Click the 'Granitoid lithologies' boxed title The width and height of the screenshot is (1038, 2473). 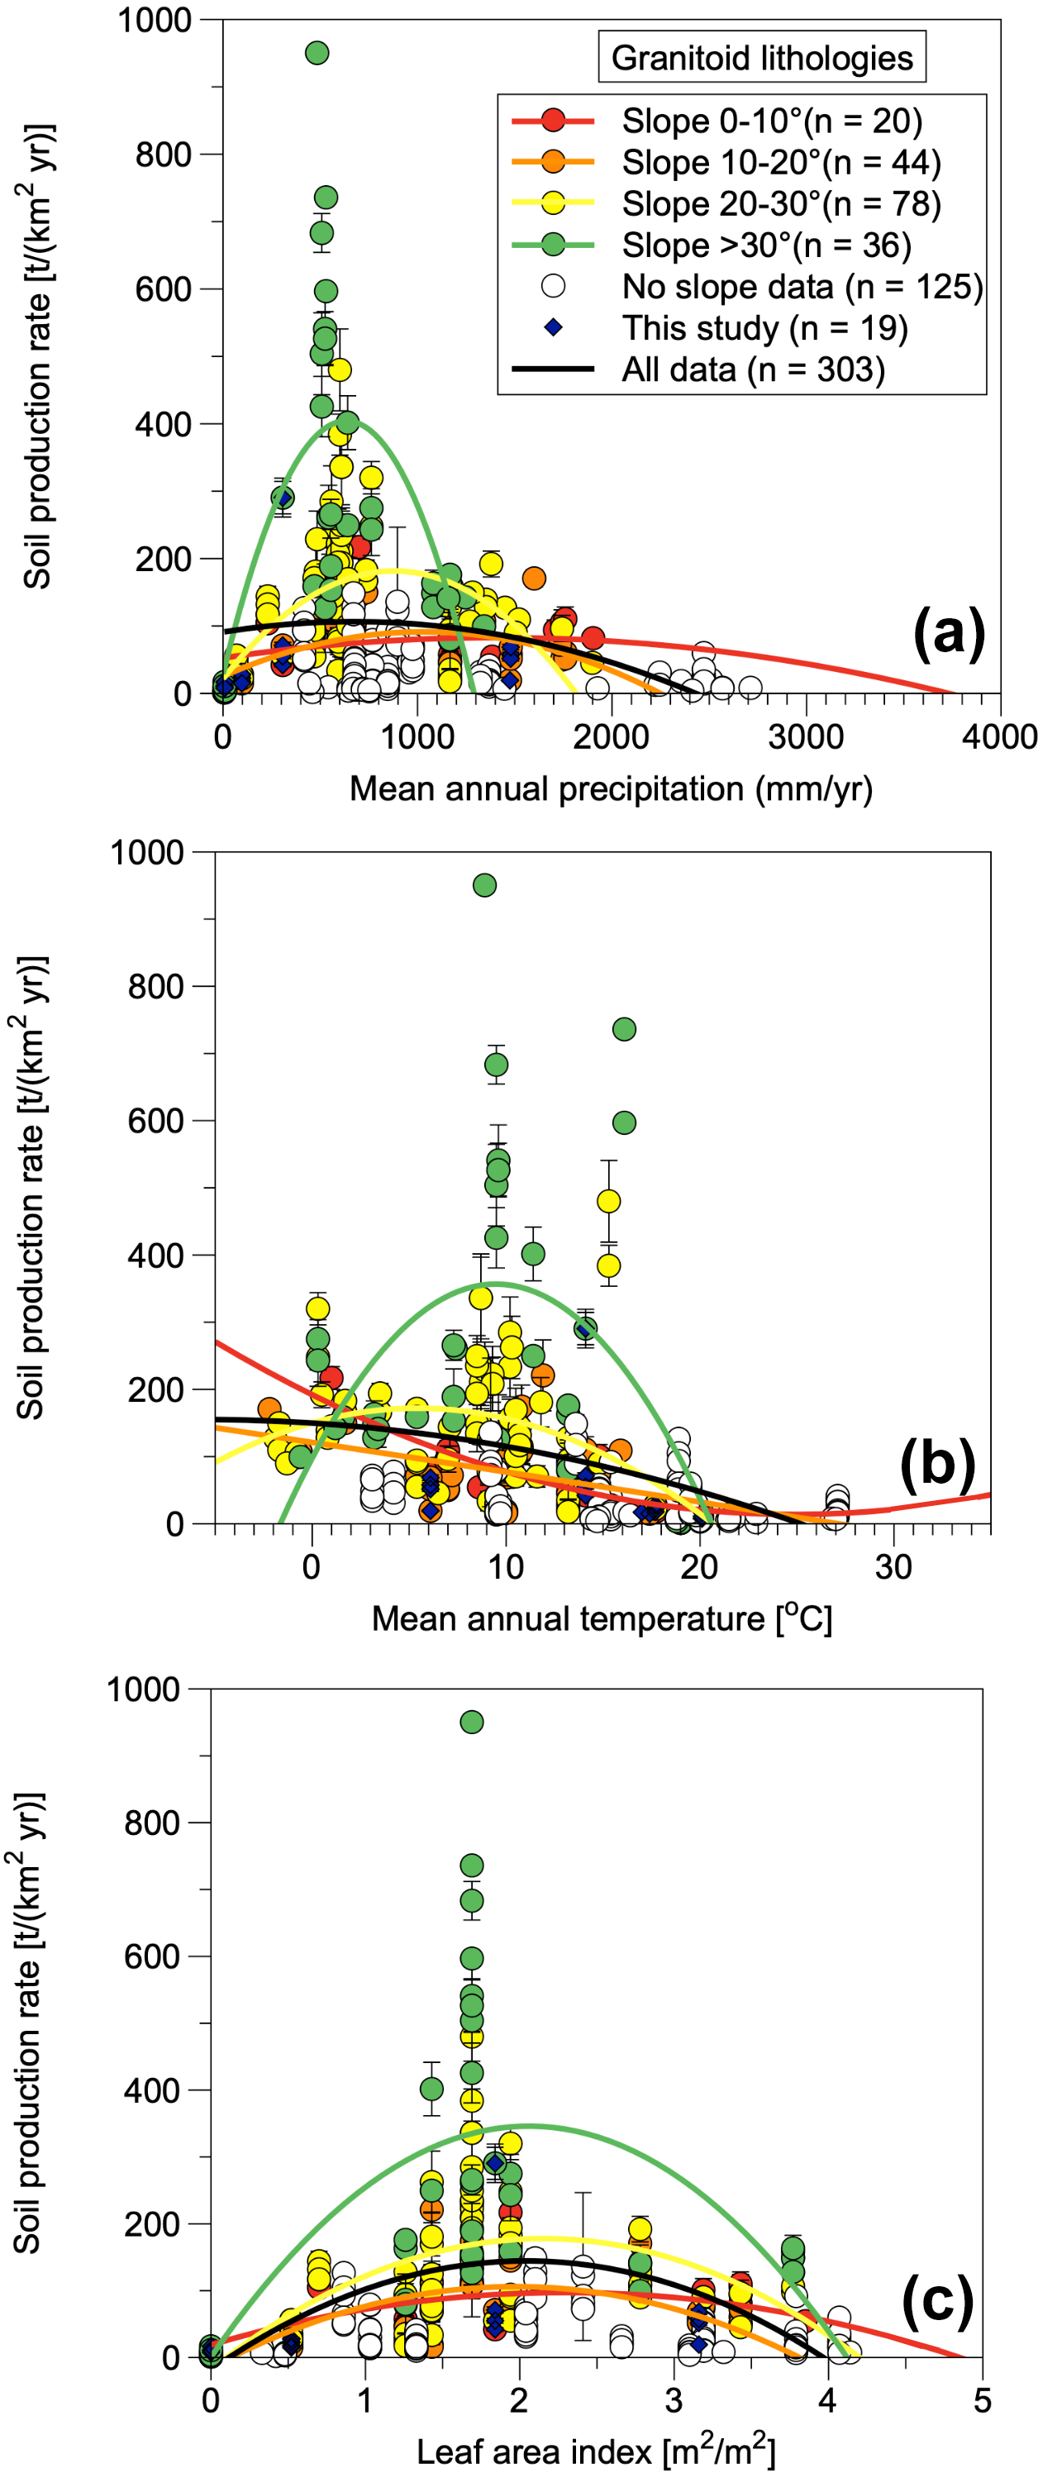[x=761, y=58]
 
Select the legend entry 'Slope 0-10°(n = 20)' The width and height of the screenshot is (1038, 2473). [x=771, y=121]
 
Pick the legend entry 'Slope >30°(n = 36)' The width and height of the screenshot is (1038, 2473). [x=766, y=245]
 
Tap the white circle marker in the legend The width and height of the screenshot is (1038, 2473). [x=553, y=286]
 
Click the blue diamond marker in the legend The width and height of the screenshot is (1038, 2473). [x=553, y=327]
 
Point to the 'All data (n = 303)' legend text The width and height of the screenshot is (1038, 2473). [x=753, y=369]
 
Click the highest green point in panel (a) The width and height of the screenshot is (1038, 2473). [x=317, y=53]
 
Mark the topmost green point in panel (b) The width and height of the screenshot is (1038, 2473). [x=485, y=884]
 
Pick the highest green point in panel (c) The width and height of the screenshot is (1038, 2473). [x=471, y=1722]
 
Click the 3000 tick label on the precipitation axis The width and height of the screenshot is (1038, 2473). [x=806, y=736]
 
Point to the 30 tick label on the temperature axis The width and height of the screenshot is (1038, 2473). [x=893, y=1567]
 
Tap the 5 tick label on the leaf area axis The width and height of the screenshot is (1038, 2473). [x=981, y=2401]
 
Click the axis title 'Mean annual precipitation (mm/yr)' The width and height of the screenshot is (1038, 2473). [x=611, y=789]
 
